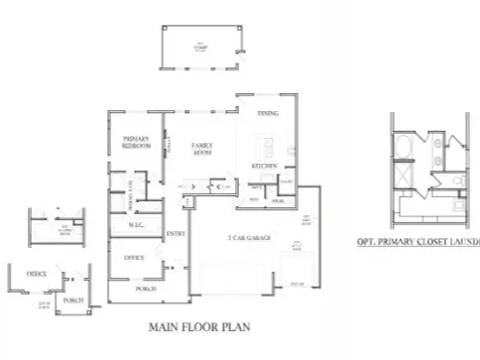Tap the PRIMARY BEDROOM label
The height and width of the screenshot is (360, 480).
(x=136, y=141)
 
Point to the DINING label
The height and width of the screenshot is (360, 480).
(x=267, y=115)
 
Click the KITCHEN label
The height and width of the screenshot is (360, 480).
(x=263, y=165)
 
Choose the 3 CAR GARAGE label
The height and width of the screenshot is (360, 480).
(x=249, y=239)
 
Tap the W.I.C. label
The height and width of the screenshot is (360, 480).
(x=137, y=226)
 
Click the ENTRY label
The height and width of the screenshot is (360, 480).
(x=176, y=234)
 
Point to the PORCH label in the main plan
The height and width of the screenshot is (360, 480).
(x=146, y=289)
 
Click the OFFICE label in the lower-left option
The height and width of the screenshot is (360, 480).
(x=37, y=273)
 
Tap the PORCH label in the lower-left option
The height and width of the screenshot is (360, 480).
(x=71, y=299)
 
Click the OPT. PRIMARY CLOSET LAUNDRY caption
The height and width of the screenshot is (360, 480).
(x=418, y=241)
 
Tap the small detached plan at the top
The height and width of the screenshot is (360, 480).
(x=203, y=45)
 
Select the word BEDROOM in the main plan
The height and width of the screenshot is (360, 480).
(x=136, y=145)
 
